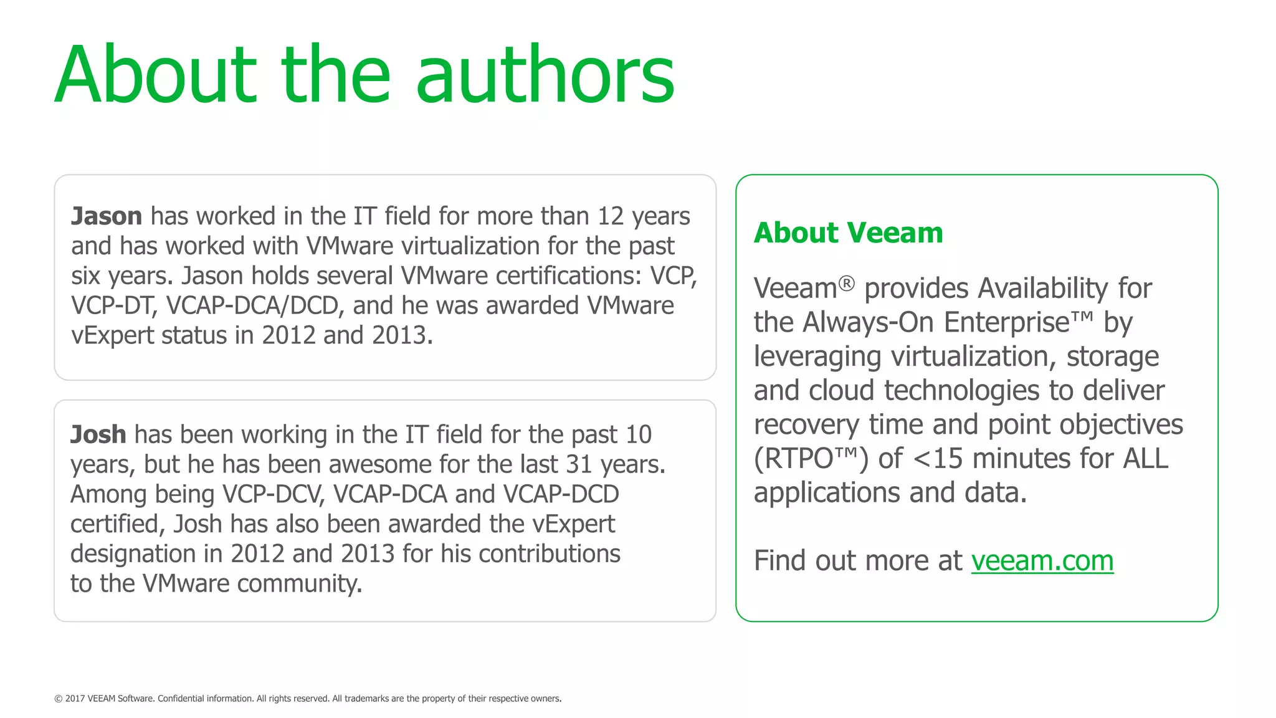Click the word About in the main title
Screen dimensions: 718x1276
point(156,75)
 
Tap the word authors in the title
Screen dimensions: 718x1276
point(545,75)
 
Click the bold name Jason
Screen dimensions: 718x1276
point(107,216)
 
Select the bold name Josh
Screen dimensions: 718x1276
point(98,434)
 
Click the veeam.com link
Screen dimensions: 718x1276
point(1042,560)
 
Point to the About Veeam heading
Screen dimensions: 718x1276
point(848,233)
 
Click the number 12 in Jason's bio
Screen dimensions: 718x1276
point(611,216)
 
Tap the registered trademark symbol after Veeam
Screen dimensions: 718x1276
point(846,284)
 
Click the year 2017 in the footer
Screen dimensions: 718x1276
point(75,699)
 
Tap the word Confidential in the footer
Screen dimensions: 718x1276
point(181,699)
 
